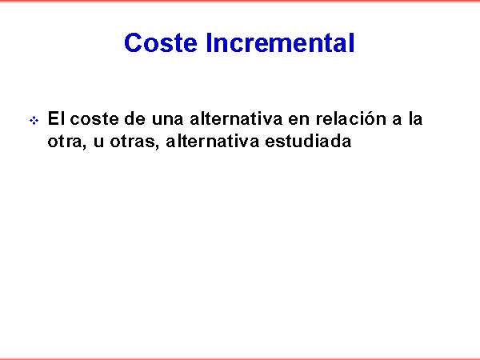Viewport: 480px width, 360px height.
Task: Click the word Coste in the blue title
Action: [x=161, y=43]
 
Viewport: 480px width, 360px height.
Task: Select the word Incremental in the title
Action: [x=281, y=43]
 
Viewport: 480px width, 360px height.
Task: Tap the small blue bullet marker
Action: [x=34, y=120]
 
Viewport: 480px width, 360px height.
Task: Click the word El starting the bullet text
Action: [x=56, y=118]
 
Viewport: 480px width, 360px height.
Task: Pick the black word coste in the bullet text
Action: [x=94, y=119]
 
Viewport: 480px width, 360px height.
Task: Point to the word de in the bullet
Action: [x=134, y=118]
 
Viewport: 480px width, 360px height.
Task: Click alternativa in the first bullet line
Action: [x=236, y=118]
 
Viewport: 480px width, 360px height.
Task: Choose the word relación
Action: [x=351, y=118]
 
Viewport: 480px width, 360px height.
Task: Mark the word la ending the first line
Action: [x=415, y=118]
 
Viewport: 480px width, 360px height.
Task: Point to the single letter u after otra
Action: [x=98, y=142]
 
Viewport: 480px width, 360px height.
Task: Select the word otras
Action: [x=133, y=142]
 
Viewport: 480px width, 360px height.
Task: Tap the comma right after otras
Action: [x=157, y=146]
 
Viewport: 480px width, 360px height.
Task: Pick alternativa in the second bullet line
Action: [x=212, y=141]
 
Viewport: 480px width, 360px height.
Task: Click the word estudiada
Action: [x=308, y=141]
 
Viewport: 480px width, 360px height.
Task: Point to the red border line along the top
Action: [x=240, y=1]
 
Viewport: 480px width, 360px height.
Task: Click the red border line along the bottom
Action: [x=240, y=358]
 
